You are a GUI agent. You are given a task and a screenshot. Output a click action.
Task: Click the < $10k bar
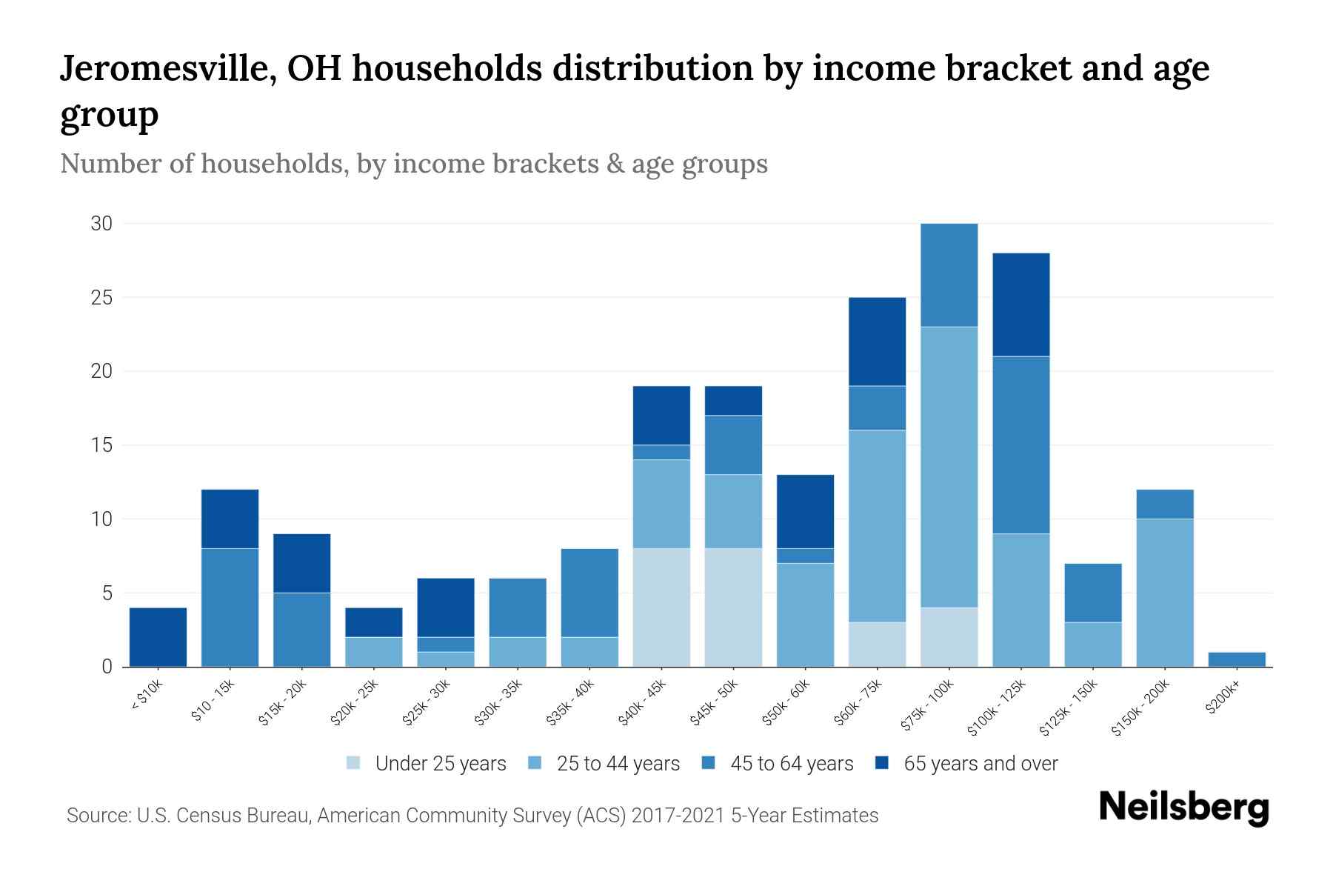[158, 637]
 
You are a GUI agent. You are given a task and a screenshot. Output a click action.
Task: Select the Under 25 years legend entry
[427, 764]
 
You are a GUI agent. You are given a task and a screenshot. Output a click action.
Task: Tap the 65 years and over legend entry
[966, 764]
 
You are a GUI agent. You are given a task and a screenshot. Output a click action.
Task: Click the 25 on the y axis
[101, 298]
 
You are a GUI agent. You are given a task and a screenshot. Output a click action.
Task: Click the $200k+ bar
[1237, 659]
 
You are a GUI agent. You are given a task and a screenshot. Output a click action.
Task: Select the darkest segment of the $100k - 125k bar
[1021, 304]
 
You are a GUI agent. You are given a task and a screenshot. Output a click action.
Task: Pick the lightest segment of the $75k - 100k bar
[949, 637]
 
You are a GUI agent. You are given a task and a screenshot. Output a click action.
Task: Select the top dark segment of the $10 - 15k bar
[230, 519]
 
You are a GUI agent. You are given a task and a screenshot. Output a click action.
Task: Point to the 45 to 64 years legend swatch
[708, 763]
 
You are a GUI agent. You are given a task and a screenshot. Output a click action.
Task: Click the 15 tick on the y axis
[101, 445]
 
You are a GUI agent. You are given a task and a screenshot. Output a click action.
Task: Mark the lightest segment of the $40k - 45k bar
[661, 607]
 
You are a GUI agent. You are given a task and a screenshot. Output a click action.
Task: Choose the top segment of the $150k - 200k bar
[1165, 504]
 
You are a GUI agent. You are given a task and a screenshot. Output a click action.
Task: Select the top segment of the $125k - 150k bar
[1093, 593]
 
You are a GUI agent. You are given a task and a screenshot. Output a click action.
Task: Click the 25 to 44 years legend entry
[604, 764]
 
